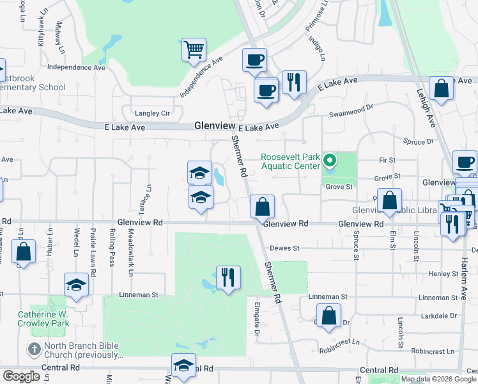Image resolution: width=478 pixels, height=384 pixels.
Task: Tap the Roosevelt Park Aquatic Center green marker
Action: click(x=330, y=160)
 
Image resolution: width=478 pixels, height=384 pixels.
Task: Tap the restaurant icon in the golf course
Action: click(x=228, y=278)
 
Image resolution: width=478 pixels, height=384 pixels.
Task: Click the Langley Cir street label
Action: click(x=151, y=113)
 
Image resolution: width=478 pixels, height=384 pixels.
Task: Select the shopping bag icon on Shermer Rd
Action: click(x=262, y=207)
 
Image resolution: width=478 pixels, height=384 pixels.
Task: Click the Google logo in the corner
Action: click(x=21, y=376)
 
